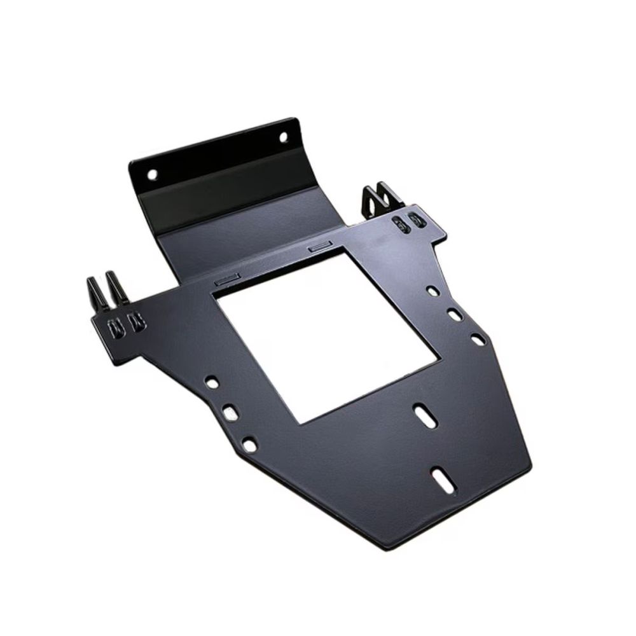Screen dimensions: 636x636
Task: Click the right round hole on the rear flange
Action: (282, 136)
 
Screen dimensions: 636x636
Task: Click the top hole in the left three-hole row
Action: (211, 383)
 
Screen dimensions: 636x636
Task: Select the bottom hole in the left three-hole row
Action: (250, 445)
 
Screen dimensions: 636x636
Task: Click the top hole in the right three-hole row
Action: (432, 291)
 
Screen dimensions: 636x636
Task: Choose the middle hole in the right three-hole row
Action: (454, 314)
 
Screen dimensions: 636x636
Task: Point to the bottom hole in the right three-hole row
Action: (478, 340)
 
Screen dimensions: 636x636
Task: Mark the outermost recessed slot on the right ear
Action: (417, 220)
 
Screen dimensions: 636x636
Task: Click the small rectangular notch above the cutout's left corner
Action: (226, 279)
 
